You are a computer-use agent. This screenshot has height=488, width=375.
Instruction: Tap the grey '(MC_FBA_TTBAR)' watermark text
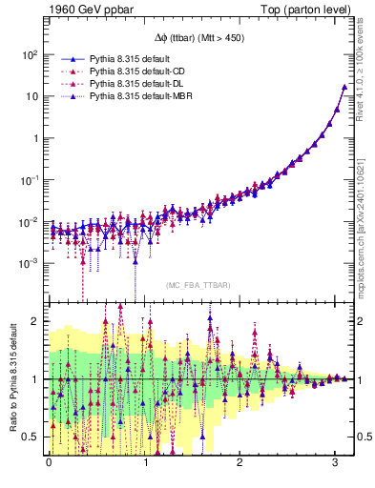click(x=197, y=285)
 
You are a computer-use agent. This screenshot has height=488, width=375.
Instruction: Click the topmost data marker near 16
click(x=344, y=87)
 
